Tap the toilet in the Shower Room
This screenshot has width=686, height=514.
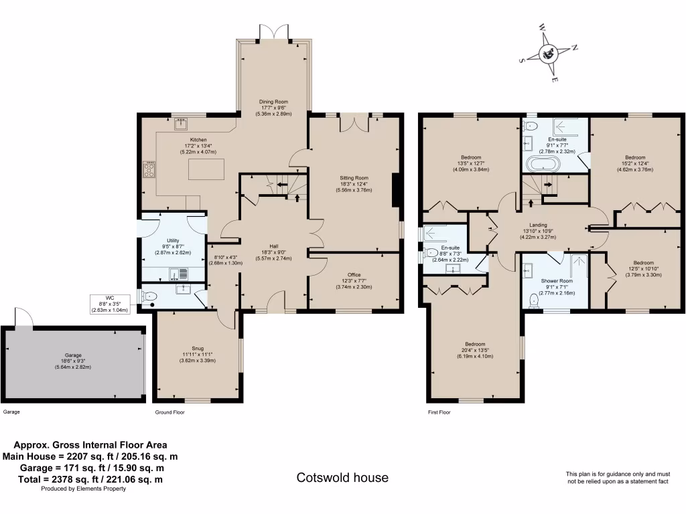click(x=534, y=301)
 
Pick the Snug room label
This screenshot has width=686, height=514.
click(x=198, y=348)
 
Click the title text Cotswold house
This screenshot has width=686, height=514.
click(x=342, y=478)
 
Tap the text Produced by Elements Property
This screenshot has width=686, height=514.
click(x=84, y=489)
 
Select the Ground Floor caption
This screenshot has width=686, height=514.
click(x=169, y=412)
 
